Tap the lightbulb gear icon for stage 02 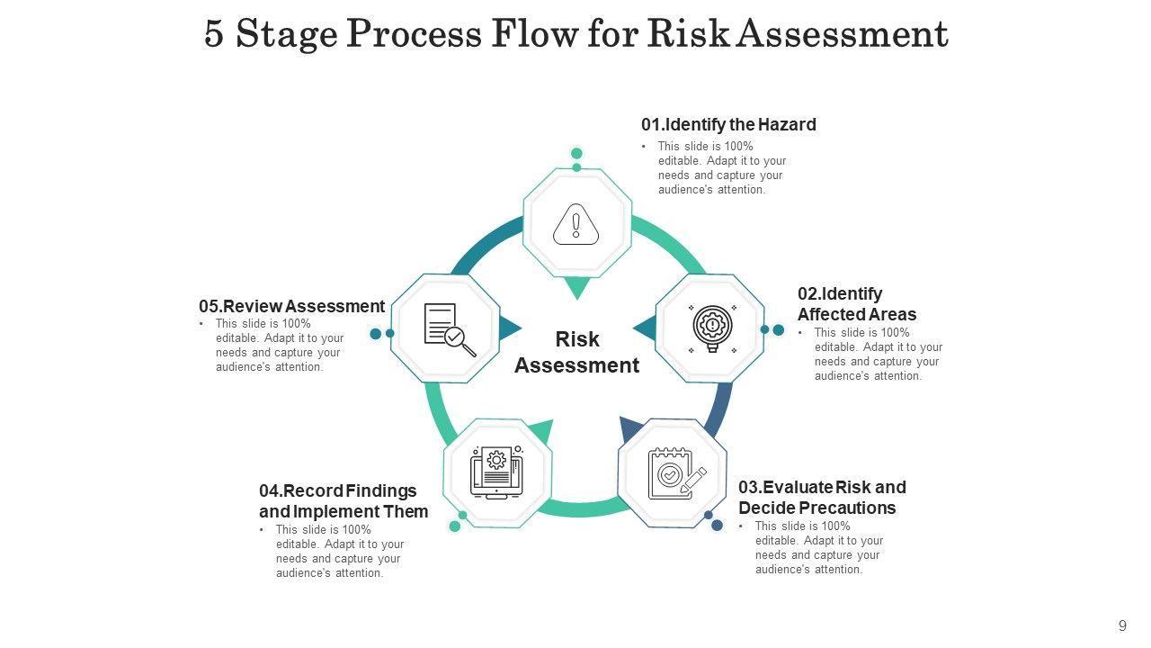click(x=713, y=328)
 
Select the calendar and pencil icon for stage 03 click(x=675, y=473)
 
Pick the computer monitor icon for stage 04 click(x=496, y=472)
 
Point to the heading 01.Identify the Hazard click(x=728, y=125)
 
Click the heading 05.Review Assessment click(x=291, y=307)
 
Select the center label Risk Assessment click(x=576, y=352)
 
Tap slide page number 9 click(x=1122, y=626)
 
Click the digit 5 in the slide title click(x=214, y=34)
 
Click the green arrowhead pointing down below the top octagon click(x=576, y=288)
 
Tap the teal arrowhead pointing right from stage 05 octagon click(x=510, y=328)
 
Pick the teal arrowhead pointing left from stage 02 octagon click(x=645, y=328)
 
